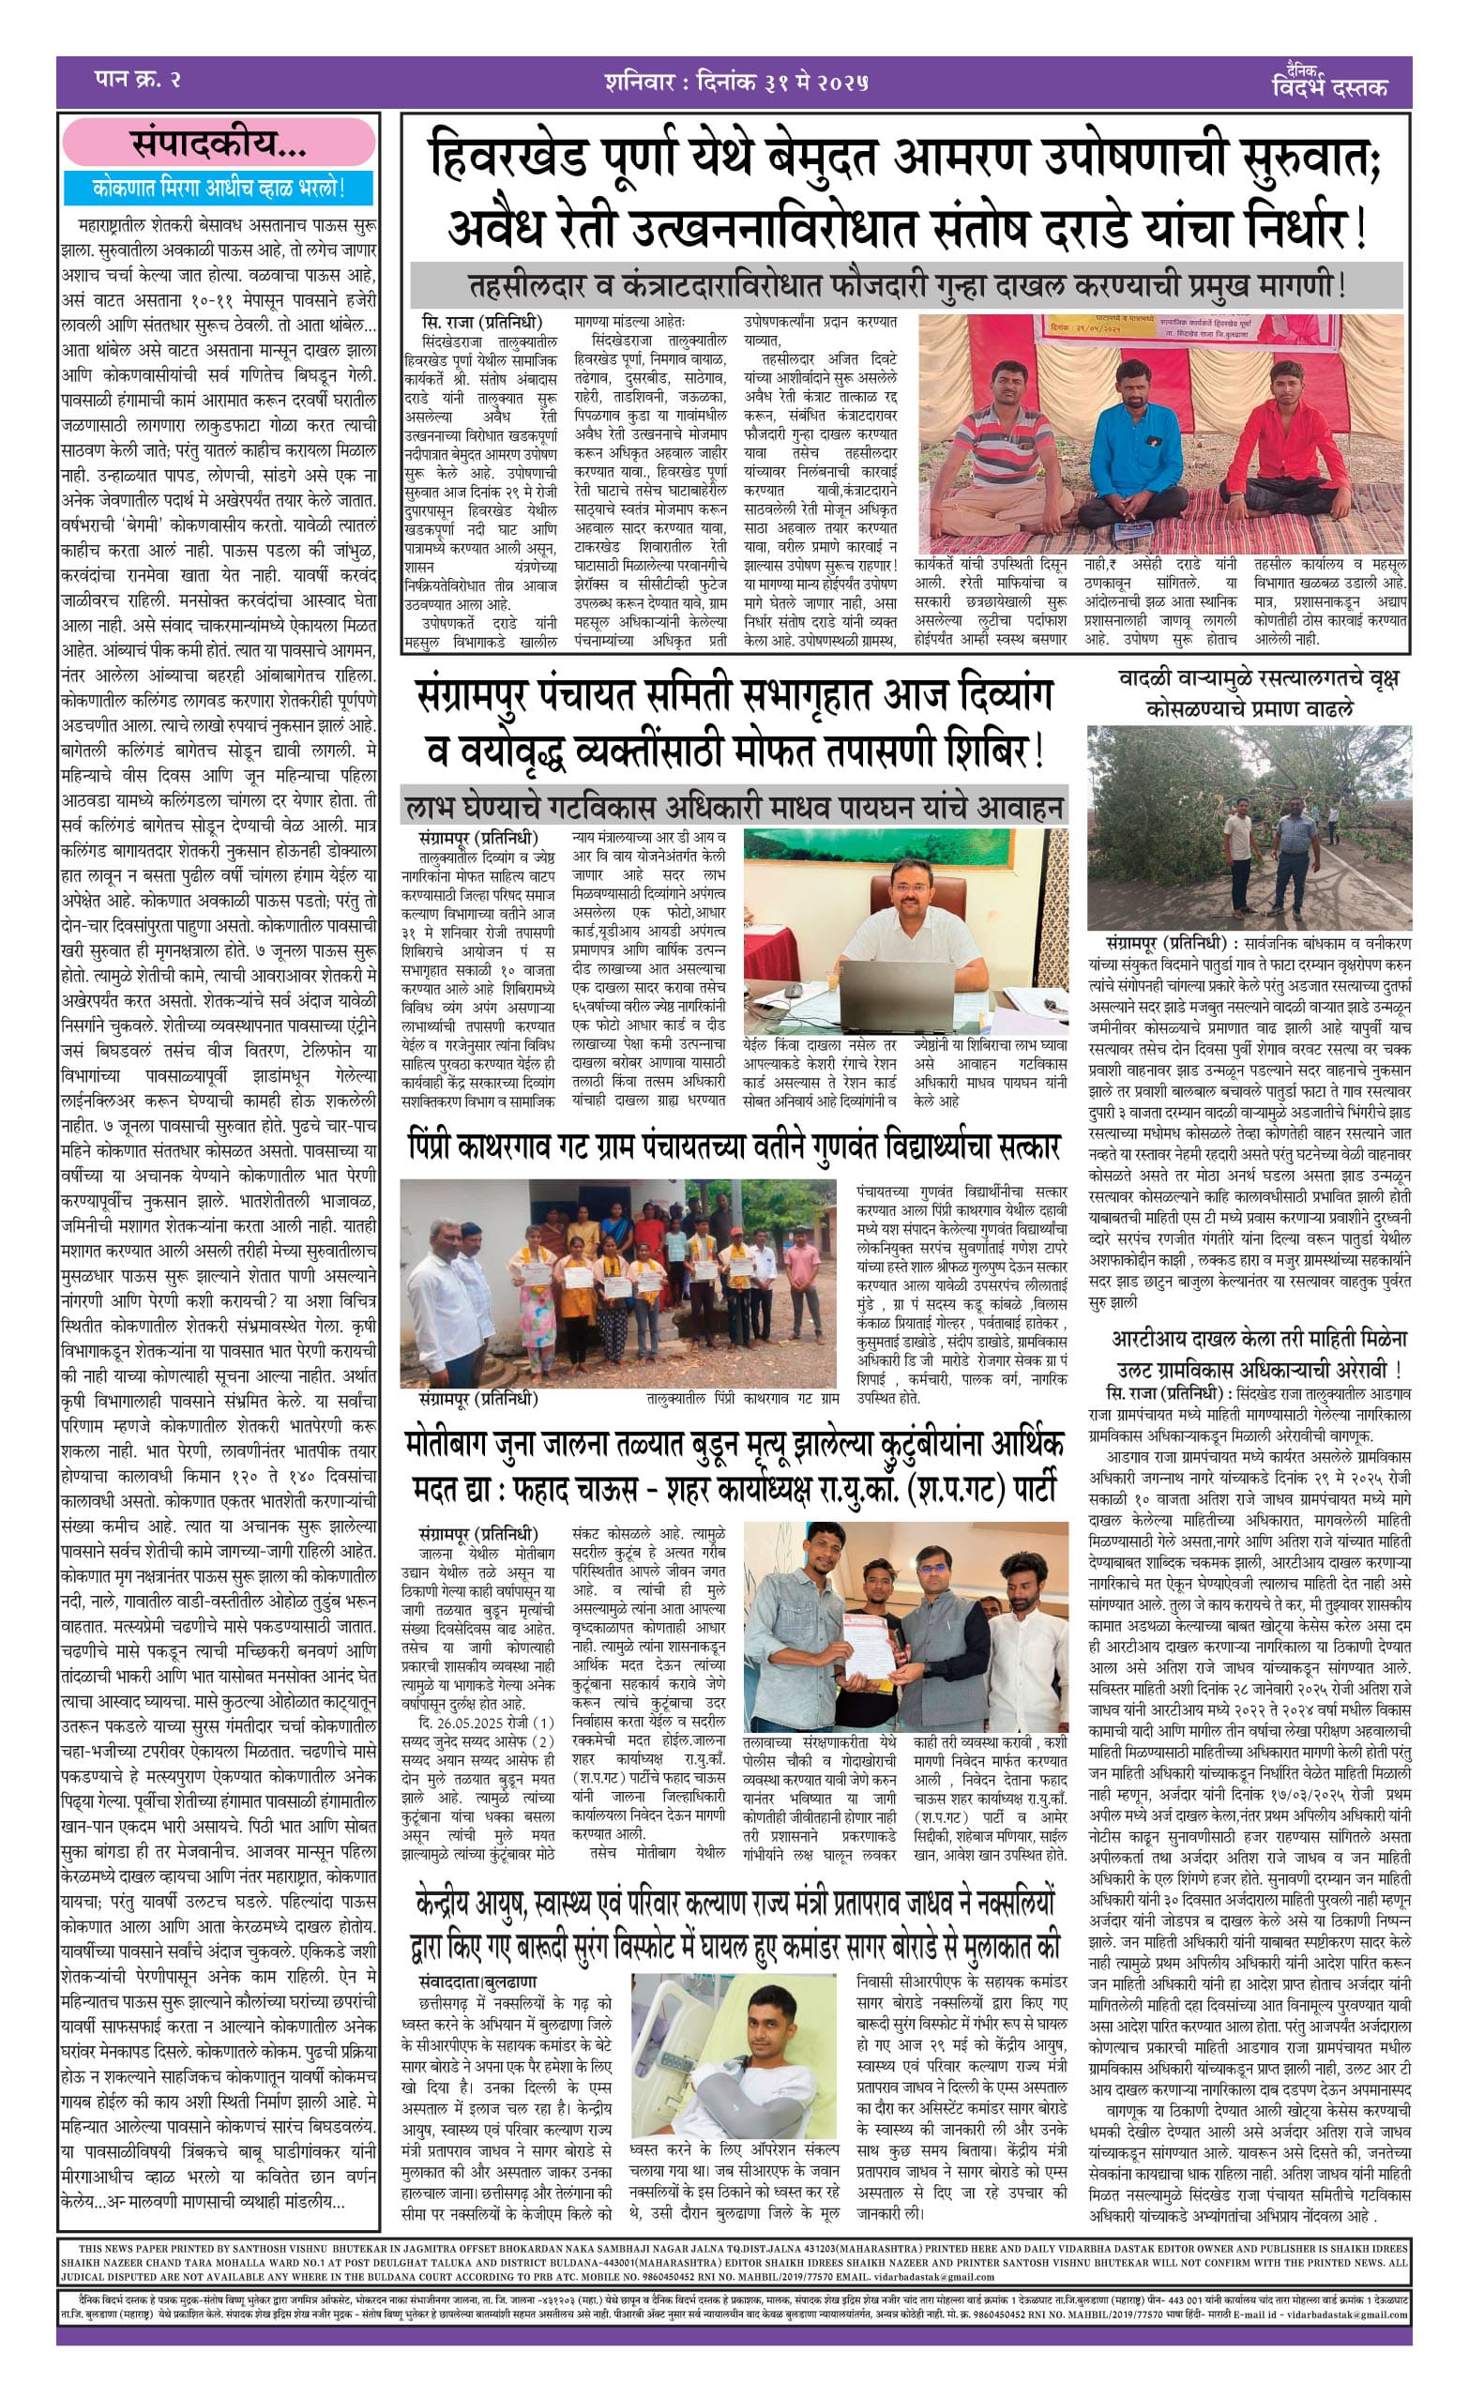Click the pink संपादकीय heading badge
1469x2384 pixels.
[x=219, y=144]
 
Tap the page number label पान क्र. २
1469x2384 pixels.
[x=138, y=80]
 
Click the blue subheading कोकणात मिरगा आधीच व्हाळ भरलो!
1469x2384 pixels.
[x=219, y=187]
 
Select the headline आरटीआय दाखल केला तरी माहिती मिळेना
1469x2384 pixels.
[x=1259, y=1339]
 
